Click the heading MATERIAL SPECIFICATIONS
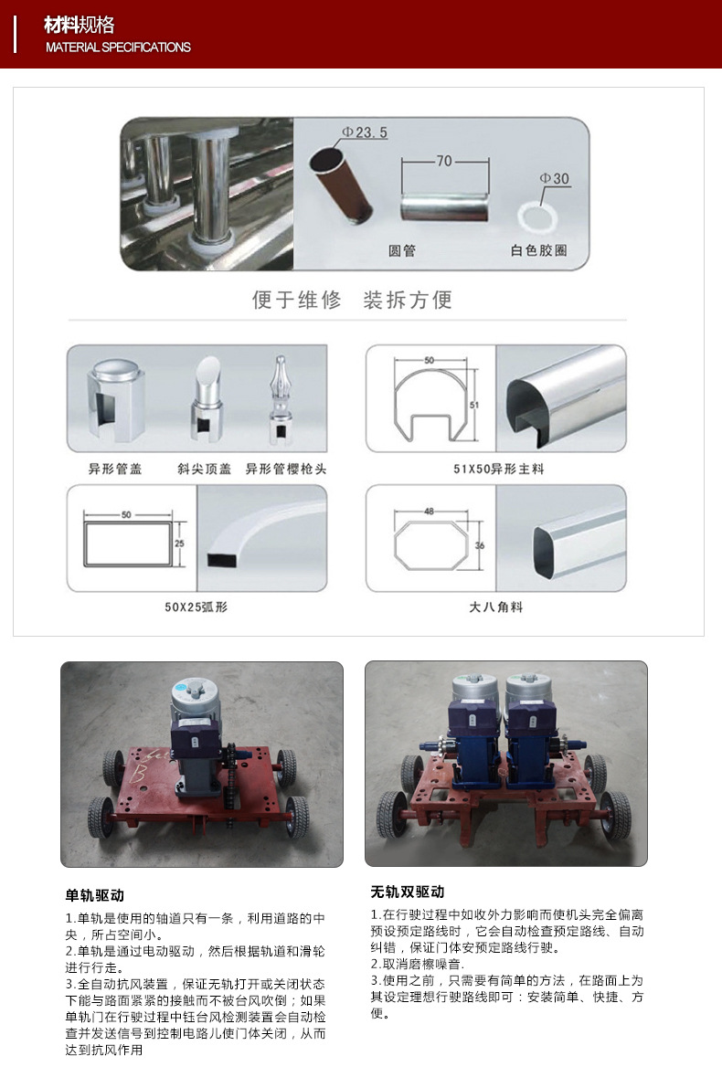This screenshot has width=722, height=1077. [x=118, y=48]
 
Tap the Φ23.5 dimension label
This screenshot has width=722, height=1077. [x=365, y=132]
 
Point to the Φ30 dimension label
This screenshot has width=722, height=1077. [x=555, y=178]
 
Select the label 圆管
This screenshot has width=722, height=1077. [x=402, y=250]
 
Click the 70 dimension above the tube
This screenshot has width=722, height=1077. [x=444, y=161]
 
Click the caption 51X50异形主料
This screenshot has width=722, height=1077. [x=498, y=470]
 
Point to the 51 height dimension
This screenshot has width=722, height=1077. [x=474, y=405]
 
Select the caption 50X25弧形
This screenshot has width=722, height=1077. [x=196, y=607]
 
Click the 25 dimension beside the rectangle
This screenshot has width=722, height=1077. [x=179, y=543]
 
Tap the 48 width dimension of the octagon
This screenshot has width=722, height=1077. [x=430, y=511]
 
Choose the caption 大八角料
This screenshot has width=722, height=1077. [x=496, y=607]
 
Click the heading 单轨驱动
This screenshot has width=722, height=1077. [x=95, y=895]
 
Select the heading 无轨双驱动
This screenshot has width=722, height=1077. [x=408, y=892]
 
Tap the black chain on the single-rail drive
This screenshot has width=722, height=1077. [x=228, y=776]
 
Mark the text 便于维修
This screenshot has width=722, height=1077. [x=297, y=300]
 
